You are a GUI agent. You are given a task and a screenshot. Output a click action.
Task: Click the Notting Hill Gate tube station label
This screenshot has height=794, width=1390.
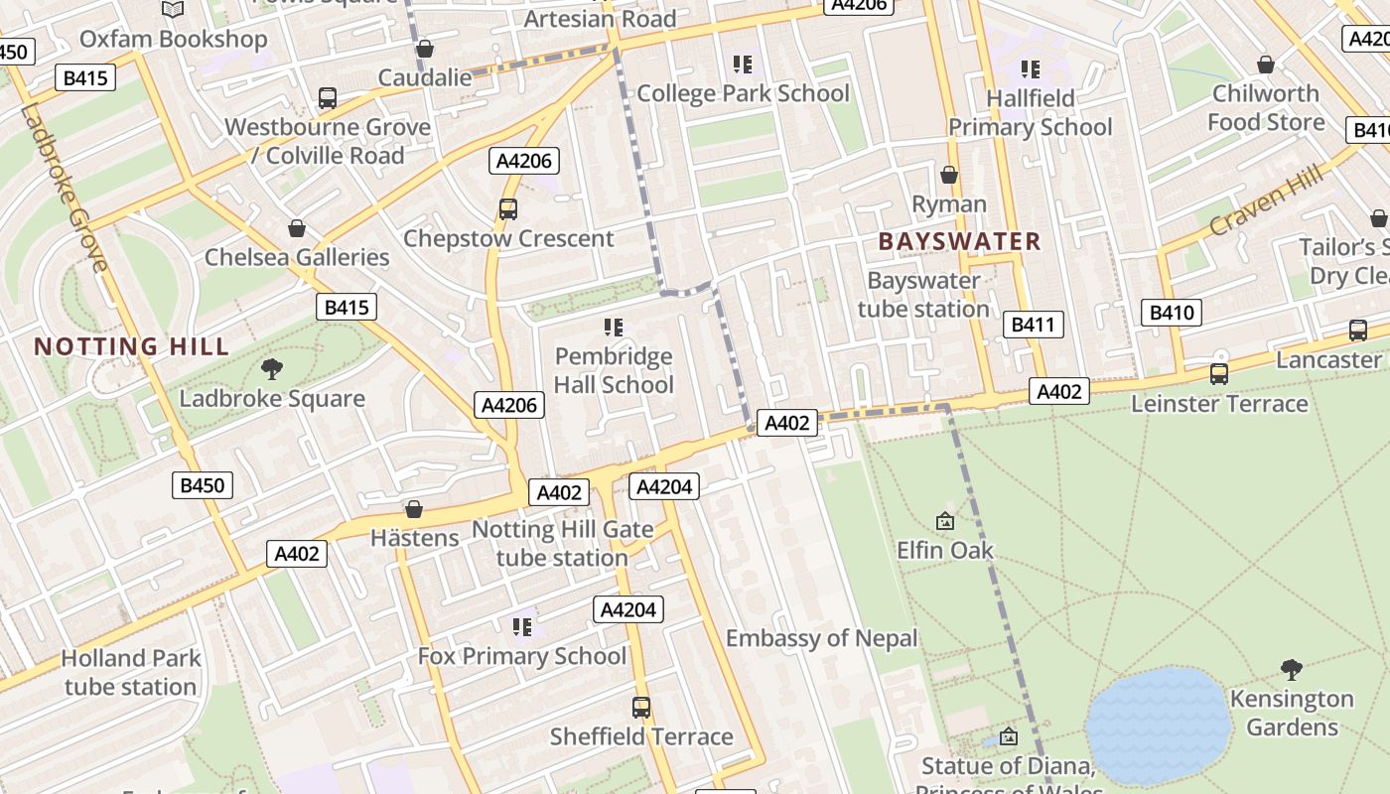[562, 544]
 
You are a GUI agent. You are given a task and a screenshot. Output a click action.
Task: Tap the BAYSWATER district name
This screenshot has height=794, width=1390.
[959, 241]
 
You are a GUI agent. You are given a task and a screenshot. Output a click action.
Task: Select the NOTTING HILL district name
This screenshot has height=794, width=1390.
[132, 346]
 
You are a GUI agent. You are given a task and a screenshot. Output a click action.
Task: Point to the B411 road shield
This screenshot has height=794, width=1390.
[1033, 325]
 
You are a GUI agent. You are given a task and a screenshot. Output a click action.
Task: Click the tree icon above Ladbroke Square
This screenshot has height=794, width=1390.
[272, 370]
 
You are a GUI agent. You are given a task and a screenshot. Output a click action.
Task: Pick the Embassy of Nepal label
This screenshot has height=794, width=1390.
[821, 638]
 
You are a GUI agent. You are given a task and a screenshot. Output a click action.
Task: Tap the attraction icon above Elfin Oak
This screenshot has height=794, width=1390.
[945, 521]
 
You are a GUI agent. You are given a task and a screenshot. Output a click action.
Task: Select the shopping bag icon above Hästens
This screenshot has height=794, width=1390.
[414, 509]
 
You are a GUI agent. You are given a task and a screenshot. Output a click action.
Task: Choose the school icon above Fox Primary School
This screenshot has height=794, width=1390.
[522, 627]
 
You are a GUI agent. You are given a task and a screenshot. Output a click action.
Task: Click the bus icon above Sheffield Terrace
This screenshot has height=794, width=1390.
[641, 708]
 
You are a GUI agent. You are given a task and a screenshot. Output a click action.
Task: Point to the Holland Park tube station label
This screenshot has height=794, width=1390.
[130, 672]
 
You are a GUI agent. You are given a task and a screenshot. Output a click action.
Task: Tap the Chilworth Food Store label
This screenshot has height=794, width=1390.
[1266, 108]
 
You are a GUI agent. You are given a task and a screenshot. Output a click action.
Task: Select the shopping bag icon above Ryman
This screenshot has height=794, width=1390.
[949, 175]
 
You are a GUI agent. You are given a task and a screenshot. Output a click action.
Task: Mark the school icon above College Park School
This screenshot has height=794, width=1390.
[743, 66]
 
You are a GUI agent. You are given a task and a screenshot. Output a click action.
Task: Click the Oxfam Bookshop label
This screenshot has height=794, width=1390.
[173, 40]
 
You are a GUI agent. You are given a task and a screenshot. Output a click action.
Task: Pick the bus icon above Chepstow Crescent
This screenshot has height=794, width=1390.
[508, 209]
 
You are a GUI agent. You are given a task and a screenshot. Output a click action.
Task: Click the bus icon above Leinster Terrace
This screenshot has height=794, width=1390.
[1219, 374]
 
